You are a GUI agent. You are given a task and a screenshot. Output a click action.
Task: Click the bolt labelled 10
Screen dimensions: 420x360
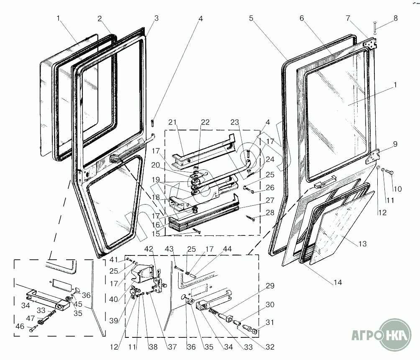click(x=388, y=171)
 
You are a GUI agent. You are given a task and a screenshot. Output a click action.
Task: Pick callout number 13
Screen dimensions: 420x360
click(x=362, y=243)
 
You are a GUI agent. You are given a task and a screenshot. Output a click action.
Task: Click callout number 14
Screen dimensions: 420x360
click(x=338, y=283)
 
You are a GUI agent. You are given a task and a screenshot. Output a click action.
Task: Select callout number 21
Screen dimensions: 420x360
click(x=173, y=122)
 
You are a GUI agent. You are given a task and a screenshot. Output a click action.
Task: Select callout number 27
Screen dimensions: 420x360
click(x=270, y=200)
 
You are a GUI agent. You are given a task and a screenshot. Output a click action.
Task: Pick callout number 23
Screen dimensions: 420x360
click(x=236, y=122)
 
